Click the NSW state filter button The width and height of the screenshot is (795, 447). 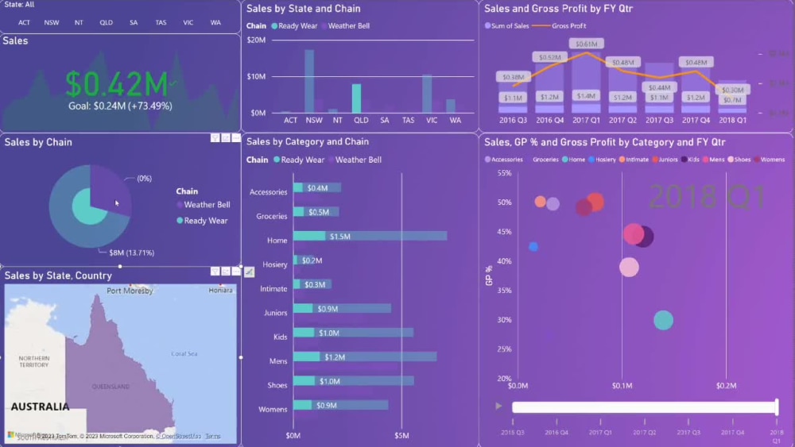click(x=52, y=22)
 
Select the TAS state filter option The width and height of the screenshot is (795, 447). click(x=161, y=22)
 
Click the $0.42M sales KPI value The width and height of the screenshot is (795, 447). click(x=117, y=83)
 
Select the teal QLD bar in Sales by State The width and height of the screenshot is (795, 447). click(x=356, y=98)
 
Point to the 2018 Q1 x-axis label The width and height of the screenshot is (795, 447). click(x=732, y=121)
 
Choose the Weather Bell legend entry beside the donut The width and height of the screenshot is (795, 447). click(x=207, y=205)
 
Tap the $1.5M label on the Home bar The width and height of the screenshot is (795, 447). click(x=340, y=237)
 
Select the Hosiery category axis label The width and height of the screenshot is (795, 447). click(x=274, y=264)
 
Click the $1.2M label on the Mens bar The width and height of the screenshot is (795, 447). click(x=334, y=357)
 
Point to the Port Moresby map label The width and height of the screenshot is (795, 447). click(x=130, y=291)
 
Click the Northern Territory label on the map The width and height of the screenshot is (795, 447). click(x=34, y=361)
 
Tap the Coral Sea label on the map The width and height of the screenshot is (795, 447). click(x=184, y=354)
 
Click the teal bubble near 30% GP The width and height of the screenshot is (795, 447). click(x=663, y=320)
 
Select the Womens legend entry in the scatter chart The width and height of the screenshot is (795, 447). click(x=772, y=160)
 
